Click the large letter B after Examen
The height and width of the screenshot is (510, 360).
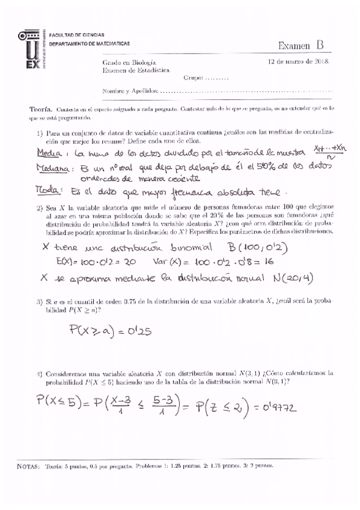pos(319,45)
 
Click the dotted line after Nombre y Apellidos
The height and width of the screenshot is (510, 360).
pos(246,91)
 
